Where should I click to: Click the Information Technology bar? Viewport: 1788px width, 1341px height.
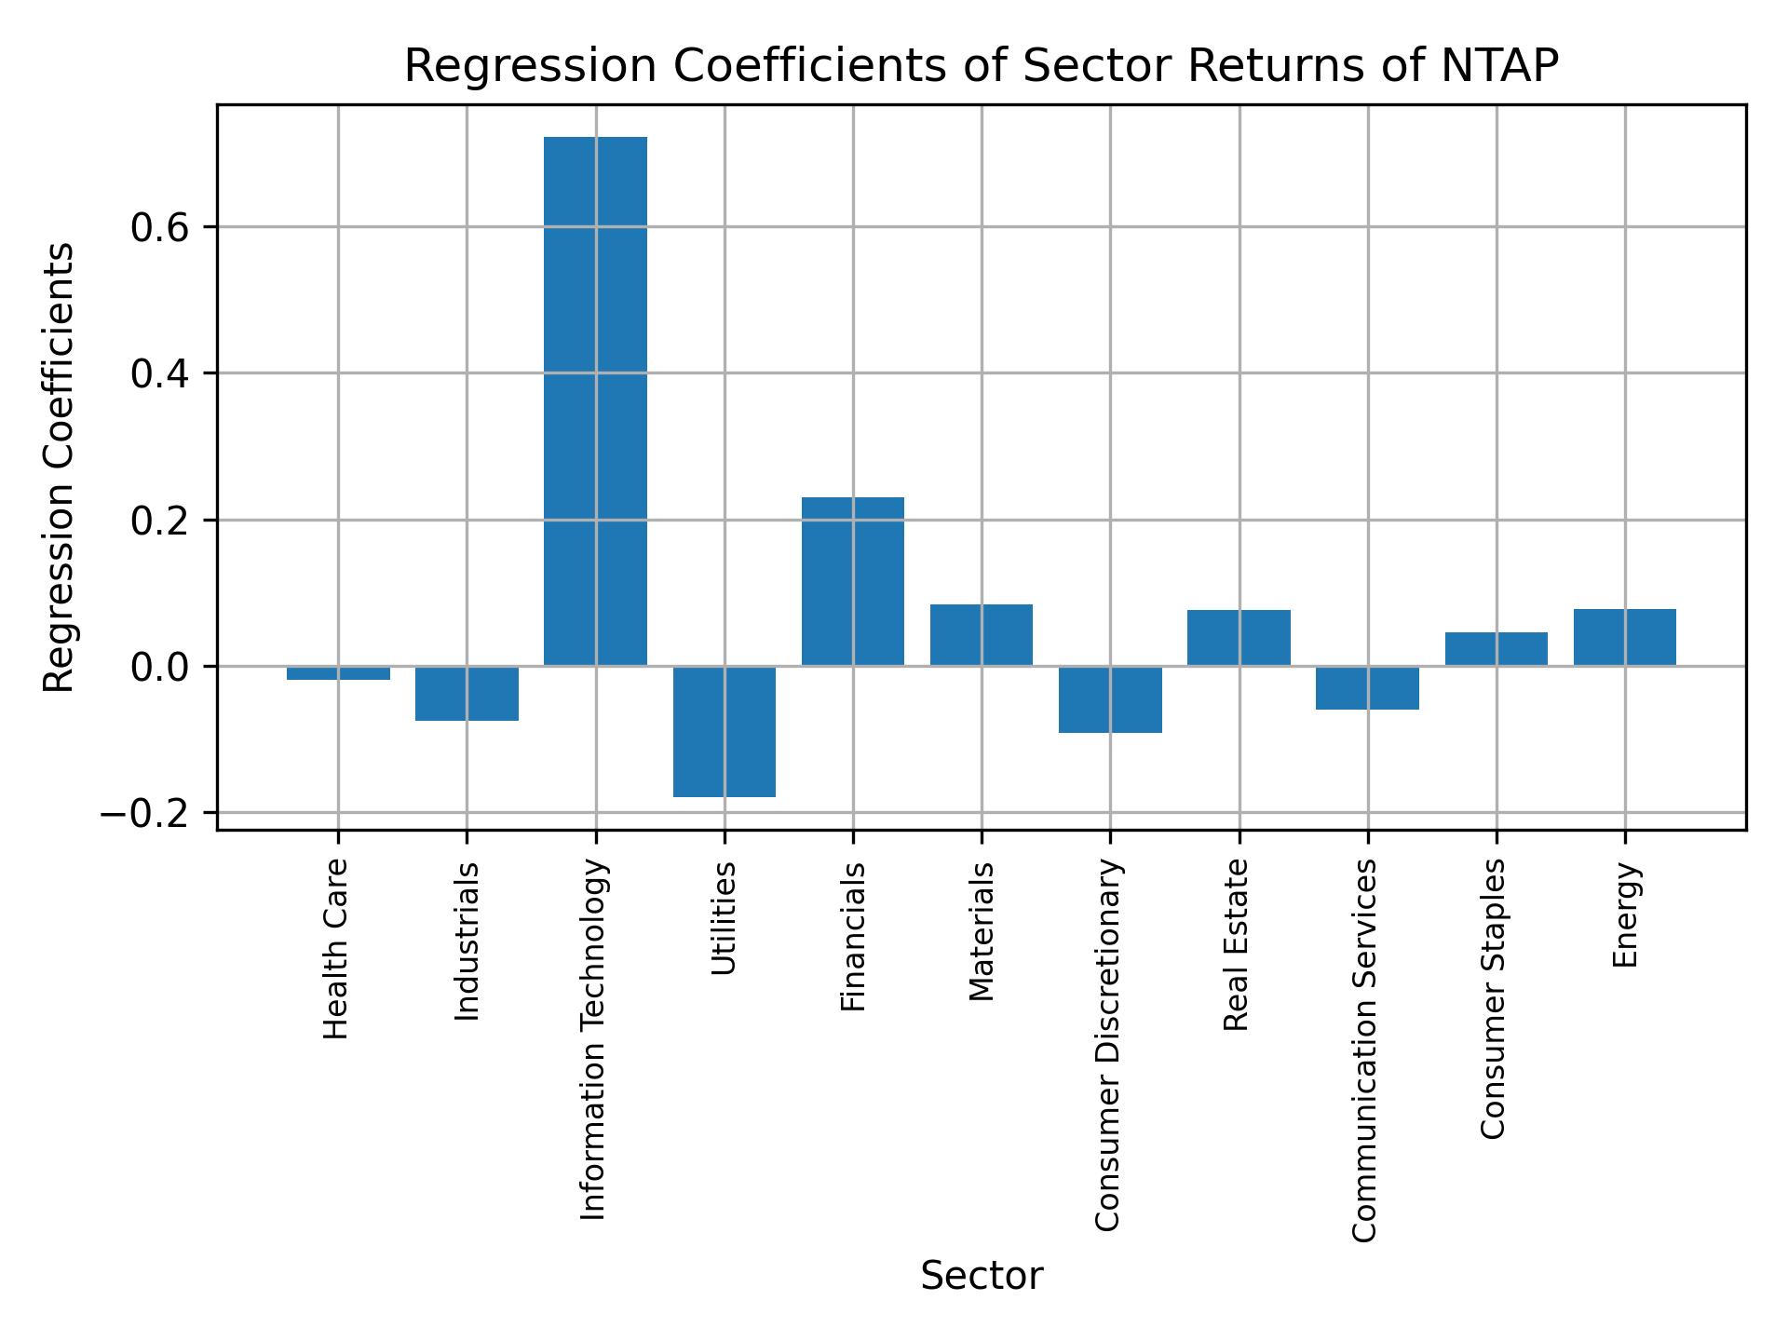595,400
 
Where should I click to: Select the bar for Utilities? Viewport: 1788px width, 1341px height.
724,731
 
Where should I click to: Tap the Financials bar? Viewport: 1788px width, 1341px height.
852,581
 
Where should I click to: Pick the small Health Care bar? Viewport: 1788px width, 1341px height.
338,673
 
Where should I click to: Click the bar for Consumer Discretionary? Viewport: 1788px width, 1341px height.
1110,699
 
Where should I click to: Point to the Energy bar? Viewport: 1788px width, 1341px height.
1624,637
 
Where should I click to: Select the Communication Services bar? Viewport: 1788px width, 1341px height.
1367,688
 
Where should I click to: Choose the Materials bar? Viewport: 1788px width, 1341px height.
981,634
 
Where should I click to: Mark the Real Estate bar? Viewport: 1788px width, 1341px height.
1239,637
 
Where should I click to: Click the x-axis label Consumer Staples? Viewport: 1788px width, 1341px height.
1494,998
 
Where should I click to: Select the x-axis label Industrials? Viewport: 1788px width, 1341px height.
467,941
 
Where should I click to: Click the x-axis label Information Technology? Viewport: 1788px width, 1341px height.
594,1039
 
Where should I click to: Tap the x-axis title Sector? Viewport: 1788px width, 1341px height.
981,1276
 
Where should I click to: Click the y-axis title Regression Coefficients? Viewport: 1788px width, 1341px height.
61,467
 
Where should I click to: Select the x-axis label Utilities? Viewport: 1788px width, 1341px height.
724,917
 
